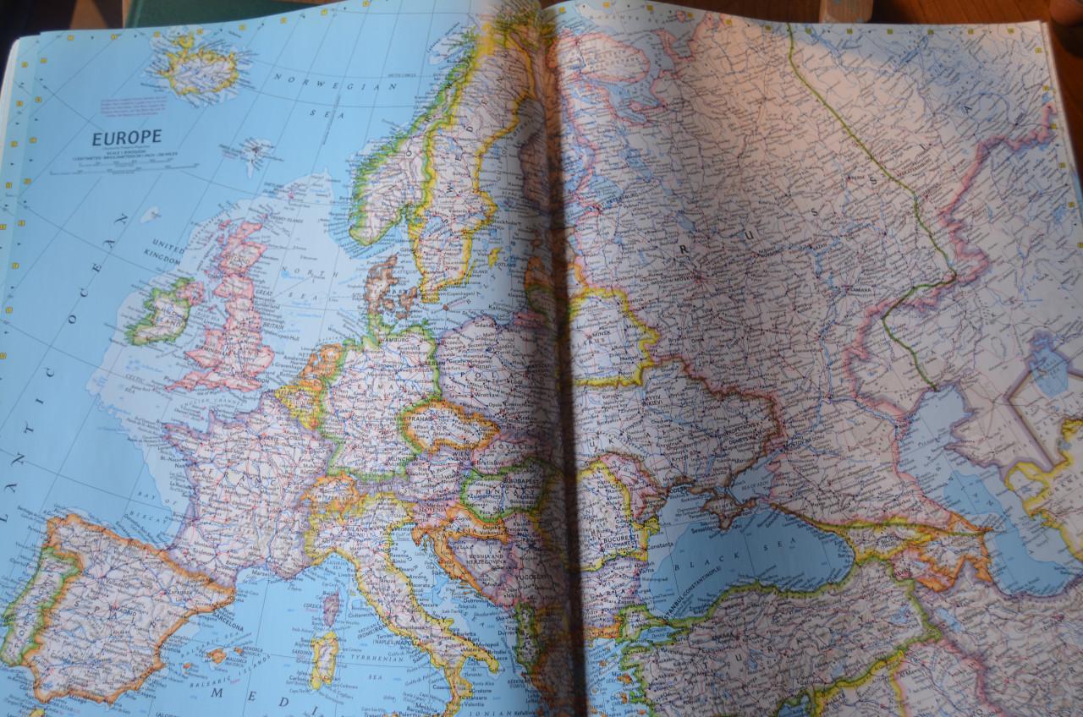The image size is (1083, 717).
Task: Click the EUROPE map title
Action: pos(127,138)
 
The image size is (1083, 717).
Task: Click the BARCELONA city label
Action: pos(227,627)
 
